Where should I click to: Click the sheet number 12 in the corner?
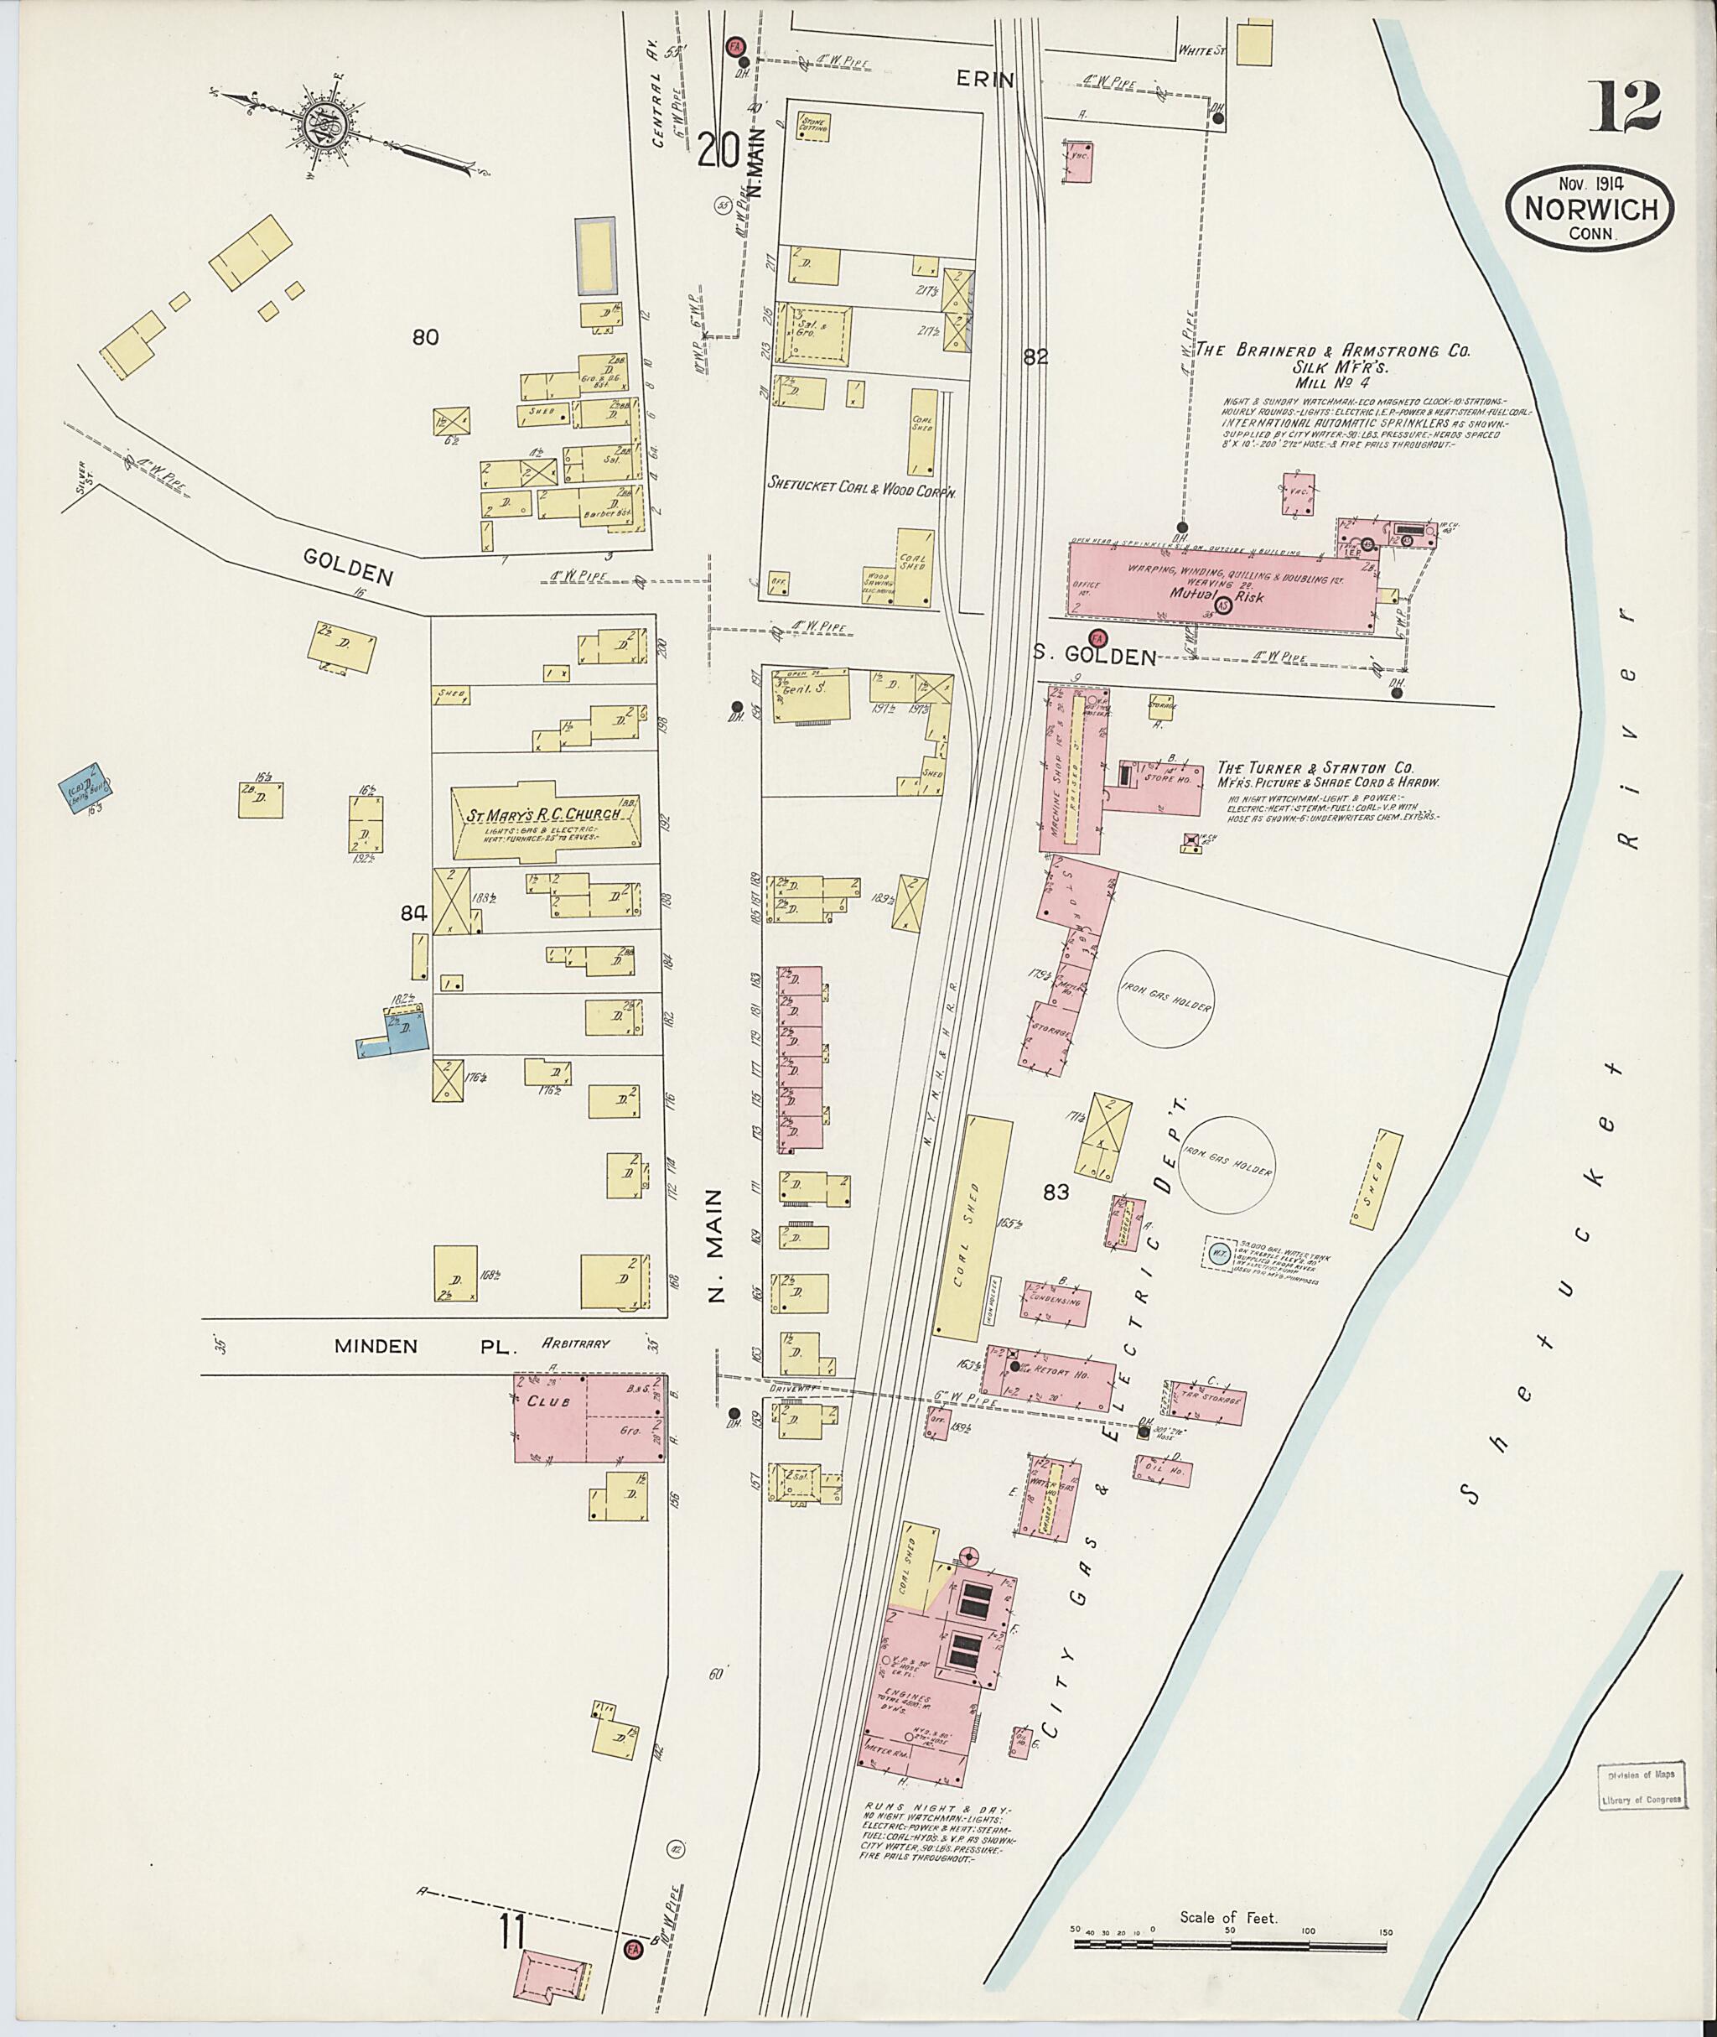(1627, 108)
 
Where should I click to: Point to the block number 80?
(425, 338)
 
